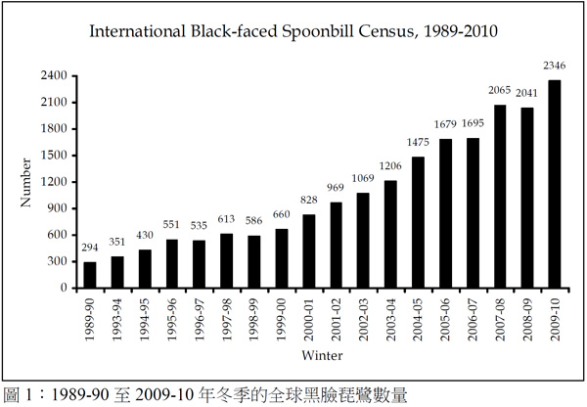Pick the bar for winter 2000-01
pyautogui.click(x=308, y=251)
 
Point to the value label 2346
pyautogui.click(x=555, y=67)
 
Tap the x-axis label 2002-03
pyautogui.click(x=363, y=316)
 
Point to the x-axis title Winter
pyautogui.click(x=321, y=353)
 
